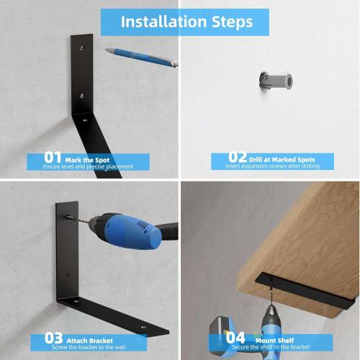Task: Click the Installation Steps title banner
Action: pyautogui.click(x=186, y=22)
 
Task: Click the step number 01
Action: pyautogui.click(x=53, y=158)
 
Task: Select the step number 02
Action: pyautogui.click(x=238, y=158)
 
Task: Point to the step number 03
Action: pyautogui.click(x=54, y=337)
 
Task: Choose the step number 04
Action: pyautogui.click(x=235, y=337)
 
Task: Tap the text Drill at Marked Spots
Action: pyautogui.click(x=282, y=159)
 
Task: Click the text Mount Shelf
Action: pyautogui.click(x=271, y=338)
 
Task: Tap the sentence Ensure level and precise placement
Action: pyautogui.click(x=89, y=166)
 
